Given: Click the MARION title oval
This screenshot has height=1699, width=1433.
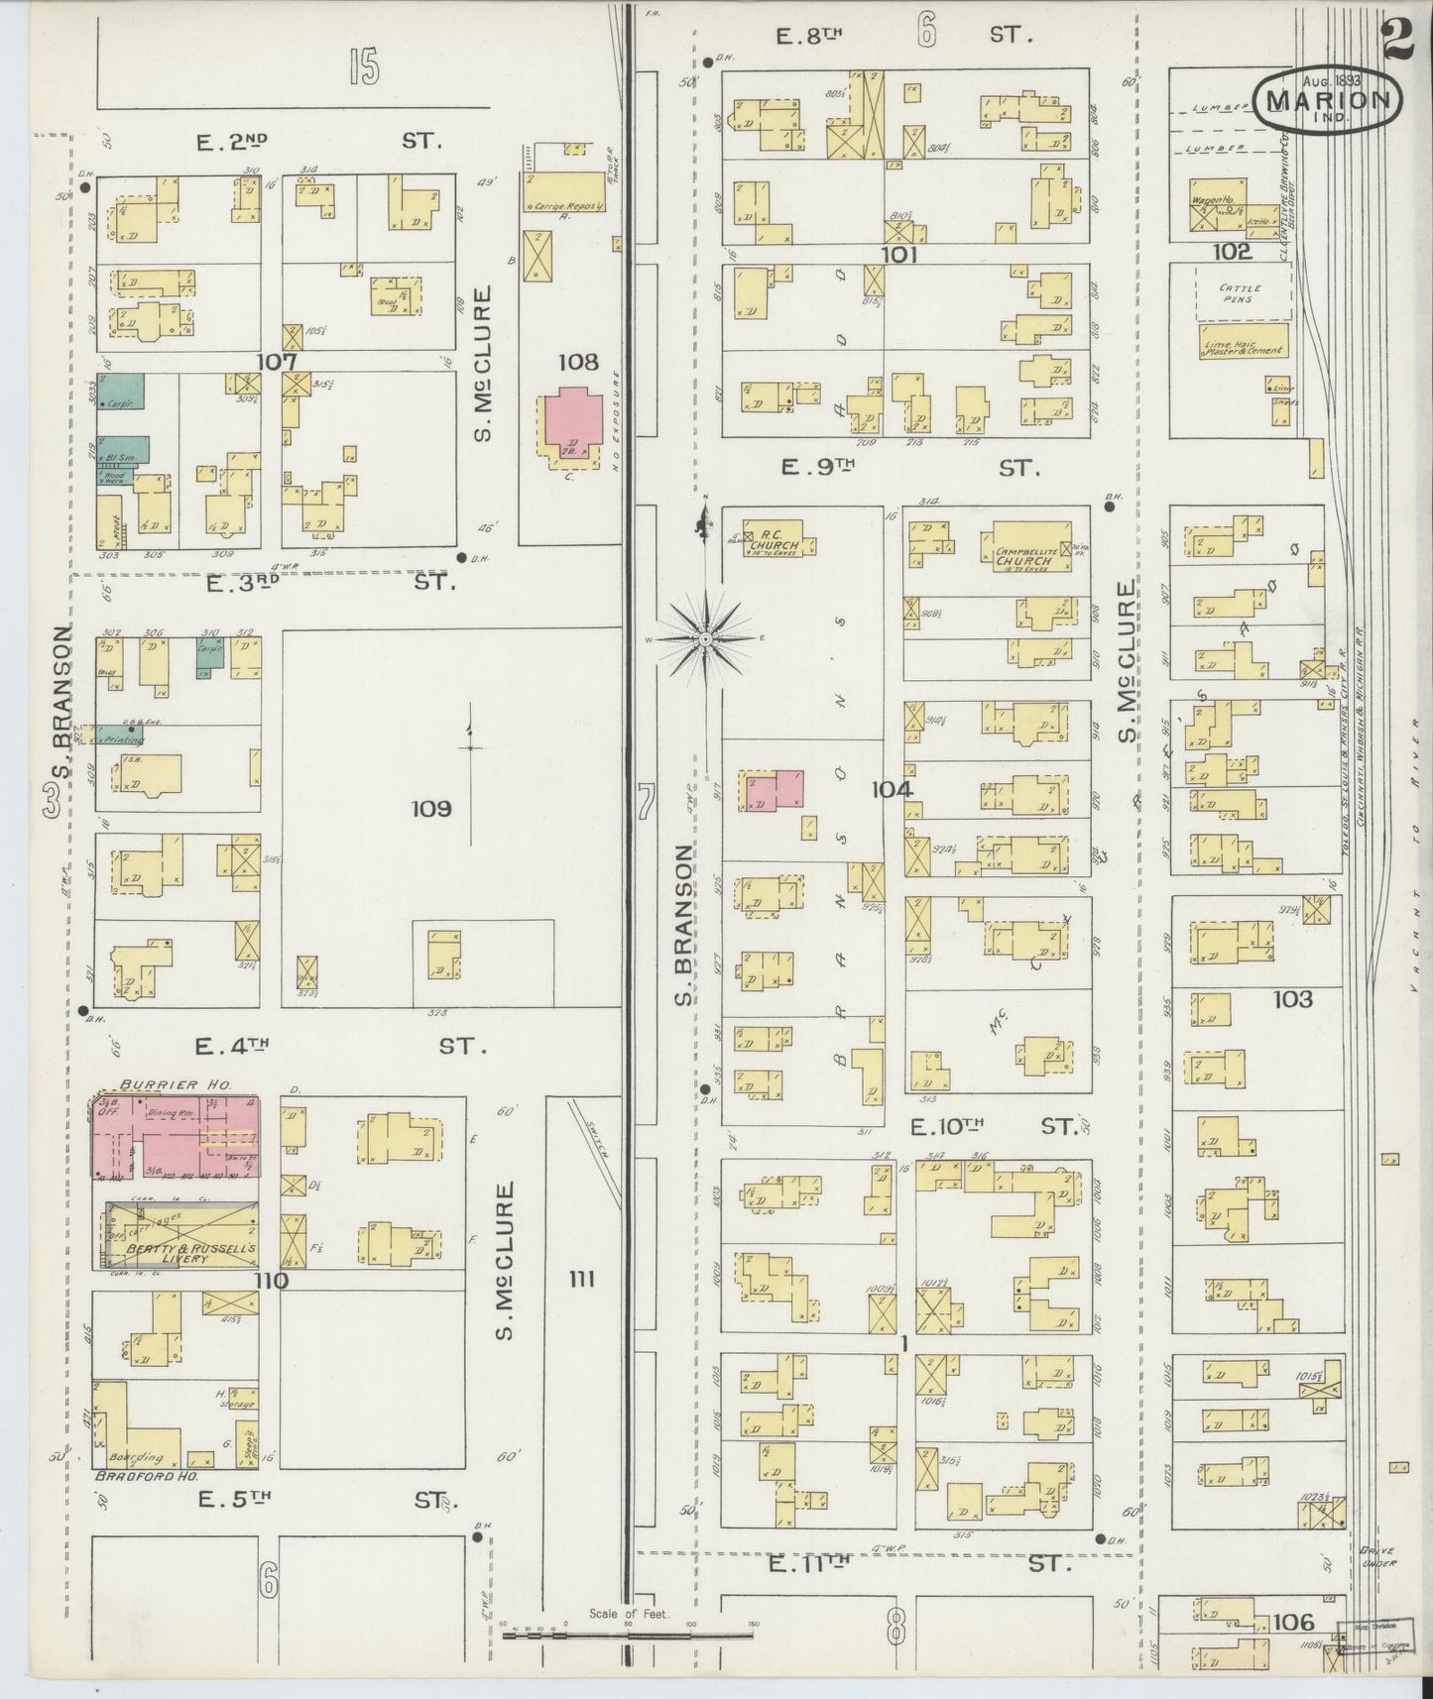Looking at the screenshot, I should coord(1328,98).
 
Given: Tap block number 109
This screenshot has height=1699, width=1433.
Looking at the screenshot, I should coord(431,809).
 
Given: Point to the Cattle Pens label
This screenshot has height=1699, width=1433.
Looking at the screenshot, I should coord(1237,292).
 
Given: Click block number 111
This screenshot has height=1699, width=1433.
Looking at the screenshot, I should coord(581,1280).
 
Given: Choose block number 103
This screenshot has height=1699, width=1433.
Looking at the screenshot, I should coord(1292,999).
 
